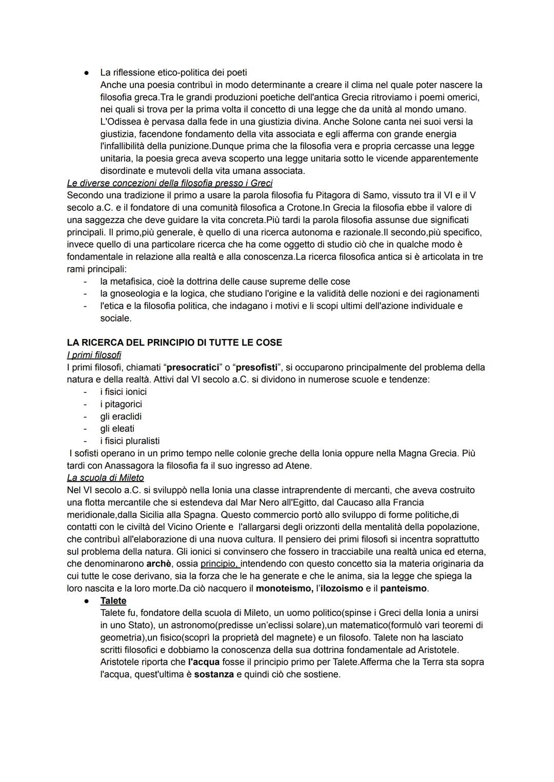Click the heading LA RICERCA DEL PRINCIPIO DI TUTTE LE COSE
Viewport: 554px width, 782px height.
pyautogui.click(x=174, y=342)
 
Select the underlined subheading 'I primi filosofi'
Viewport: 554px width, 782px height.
pyautogui.click(x=94, y=355)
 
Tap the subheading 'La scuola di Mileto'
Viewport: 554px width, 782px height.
pyautogui.click(x=105, y=477)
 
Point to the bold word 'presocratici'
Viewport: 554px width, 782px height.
pyautogui.click(x=193, y=367)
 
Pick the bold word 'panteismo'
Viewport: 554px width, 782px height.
pyautogui.click(x=403, y=588)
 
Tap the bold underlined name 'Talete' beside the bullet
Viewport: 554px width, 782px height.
pyautogui.click(x=113, y=600)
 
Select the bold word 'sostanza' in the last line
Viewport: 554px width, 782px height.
pyautogui.click(x=214, y=674)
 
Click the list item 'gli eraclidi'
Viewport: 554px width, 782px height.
pyautogui.click(x=121, y=416)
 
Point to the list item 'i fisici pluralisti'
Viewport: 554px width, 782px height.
pyautogui.click(x=130, y=440)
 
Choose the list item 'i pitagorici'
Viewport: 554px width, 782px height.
pyautogui.click(x=121, y=404)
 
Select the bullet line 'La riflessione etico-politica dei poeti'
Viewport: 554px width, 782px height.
pyautogui.click(x=173, y=72)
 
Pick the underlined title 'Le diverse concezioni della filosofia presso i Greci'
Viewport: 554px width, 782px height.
pyautogui.click(x=169, y=183)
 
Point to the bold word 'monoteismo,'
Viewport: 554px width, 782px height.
pyautogui.click(x=285, y=588)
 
